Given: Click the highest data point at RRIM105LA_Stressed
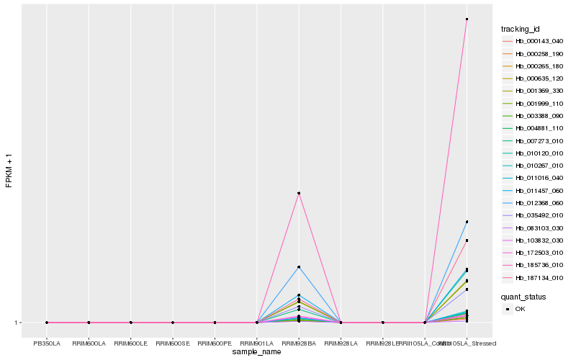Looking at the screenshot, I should [x=467, y=19].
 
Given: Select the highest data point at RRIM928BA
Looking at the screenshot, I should [x=299, y=193].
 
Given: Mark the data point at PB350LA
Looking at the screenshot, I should [x=47, y=323].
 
